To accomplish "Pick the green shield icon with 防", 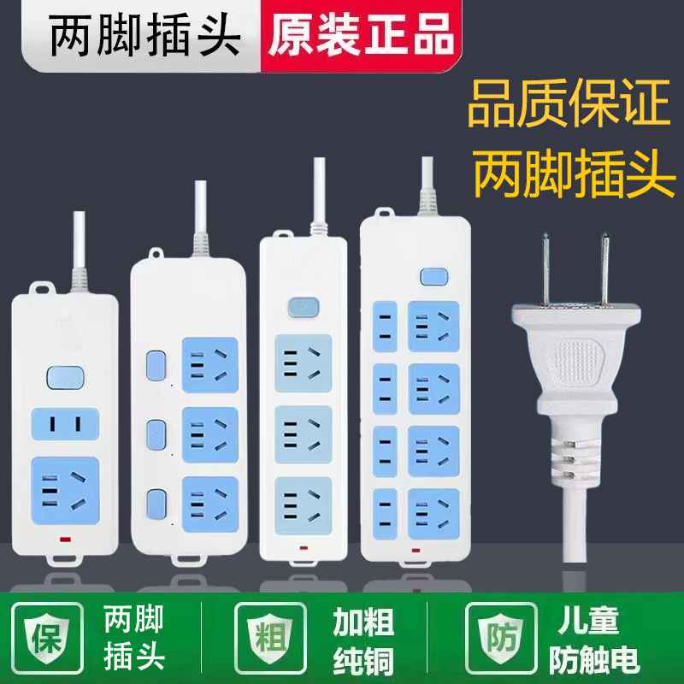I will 499,636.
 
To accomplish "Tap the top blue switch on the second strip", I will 156,365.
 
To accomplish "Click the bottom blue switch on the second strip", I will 156,502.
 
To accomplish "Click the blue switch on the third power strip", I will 302,305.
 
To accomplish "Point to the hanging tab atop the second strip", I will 156,254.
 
